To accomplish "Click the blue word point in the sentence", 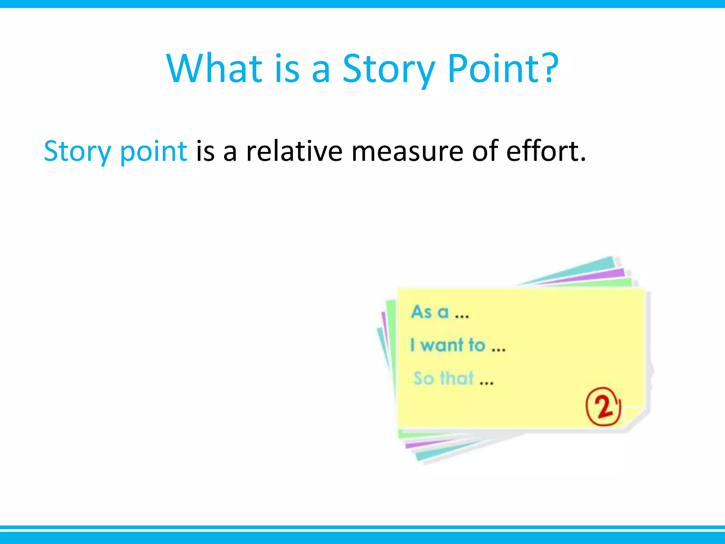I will pyautogui.click(x=153, y=152).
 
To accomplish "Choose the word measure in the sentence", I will pyautogui.click(x=407, y=152).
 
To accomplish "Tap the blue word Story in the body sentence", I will pyautogui.click(x=77, y=152).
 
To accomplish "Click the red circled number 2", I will pyautogui.click(x=603, y=406).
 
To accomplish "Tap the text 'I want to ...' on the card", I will pyautogui.click(x=457, y=345).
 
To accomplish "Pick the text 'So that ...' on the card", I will pyautogui.click(x=453, y=378).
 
